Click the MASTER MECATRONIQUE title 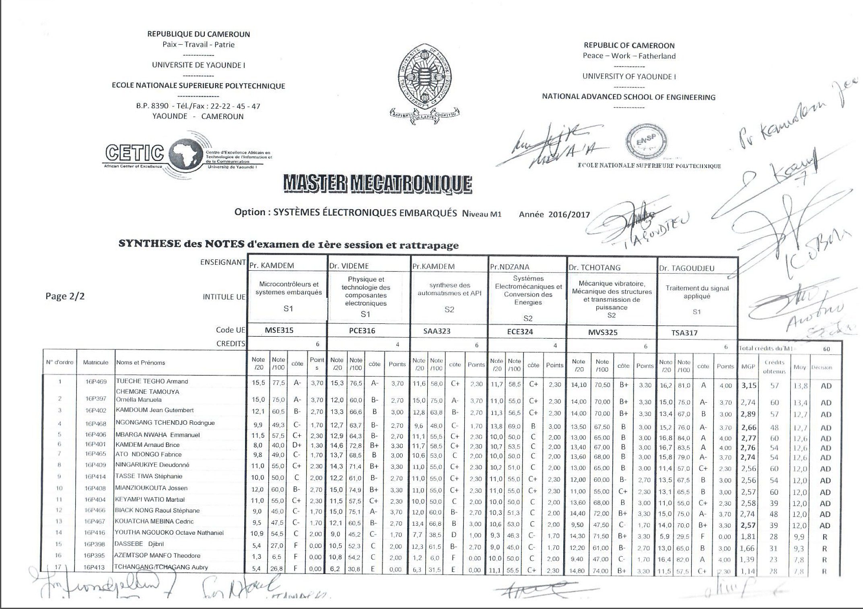(x=377, y=184)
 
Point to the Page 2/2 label (x=65, y=296)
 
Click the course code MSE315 (x=279, y=331)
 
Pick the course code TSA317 (x=684, y=333)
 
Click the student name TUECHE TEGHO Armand (x=152, y=381)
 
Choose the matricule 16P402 (x=95, y=411)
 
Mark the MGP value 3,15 (x=749, y=385)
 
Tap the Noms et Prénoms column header (x=140, y=363)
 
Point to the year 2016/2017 (x=568, y=215)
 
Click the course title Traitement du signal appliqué (x=697, y=292)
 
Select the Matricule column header (x=95, y=362)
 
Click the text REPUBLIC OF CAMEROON (x=629, y=46)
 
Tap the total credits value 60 (x=826, y=349)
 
